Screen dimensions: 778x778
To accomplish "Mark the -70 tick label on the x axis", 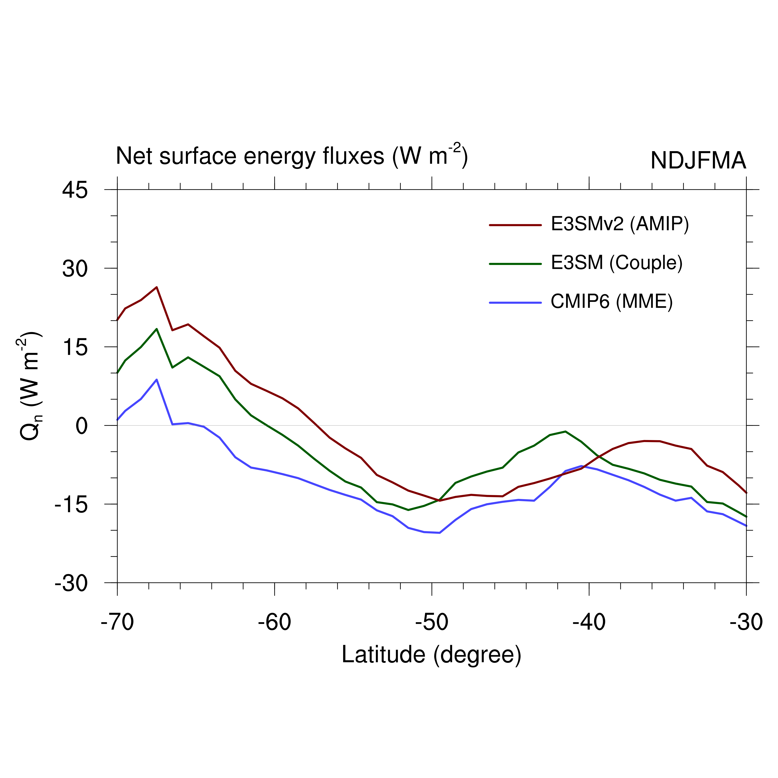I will (117, 622).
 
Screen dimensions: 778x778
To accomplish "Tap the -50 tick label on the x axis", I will (432, 622).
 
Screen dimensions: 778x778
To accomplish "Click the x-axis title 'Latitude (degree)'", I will (431, 654).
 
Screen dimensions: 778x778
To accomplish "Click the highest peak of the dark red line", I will (157, 287).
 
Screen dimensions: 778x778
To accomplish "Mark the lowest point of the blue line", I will (439, 533).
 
